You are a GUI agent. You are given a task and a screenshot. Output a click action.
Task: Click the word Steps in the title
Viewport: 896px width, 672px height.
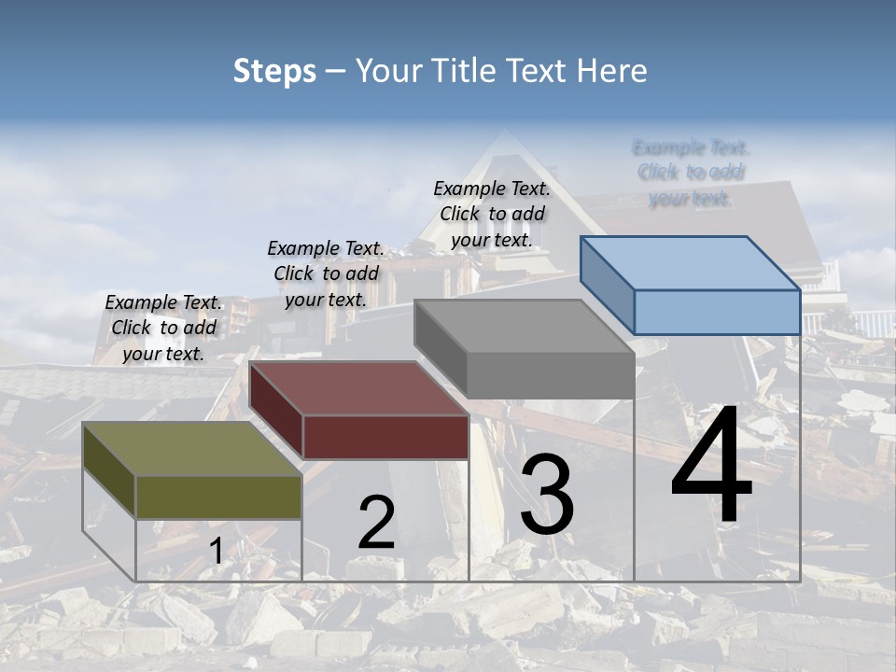pyautogui.click(x=274, y=71)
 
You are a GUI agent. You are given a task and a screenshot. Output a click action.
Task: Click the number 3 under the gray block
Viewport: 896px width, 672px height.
pyautogui.click(x=547, y=496)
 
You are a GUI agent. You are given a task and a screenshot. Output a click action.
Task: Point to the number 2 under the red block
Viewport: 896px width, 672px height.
pyautogui.click(x=376, y=524)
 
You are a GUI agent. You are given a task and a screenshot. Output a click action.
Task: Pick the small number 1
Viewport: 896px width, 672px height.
pyautogui.click(x=216, y=552)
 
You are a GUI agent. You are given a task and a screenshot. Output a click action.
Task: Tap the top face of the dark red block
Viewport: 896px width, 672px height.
pyautogui.click(x=359, y=388)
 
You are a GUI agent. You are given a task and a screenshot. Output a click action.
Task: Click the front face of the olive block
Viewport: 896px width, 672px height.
pyautogui.click(x=218, y=497)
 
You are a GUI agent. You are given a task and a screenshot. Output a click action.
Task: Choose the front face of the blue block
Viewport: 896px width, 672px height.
pyautogui.click(x=717, y=312)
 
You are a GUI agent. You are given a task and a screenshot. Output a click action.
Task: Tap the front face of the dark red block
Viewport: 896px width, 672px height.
pyautogui.click(x=385, y=437)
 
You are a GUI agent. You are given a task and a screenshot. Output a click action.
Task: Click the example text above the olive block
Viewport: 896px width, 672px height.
pyautogui.click(x=163, y=328)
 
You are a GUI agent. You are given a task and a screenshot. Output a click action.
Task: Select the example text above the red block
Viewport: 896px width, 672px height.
pyautogui.click(x=326, y=273)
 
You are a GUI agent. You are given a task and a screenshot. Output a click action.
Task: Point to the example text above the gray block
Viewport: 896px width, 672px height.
pyautogui.click(x=492, y=214)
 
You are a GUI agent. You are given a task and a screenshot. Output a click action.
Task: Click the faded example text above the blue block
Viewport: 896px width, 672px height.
pyautogui.click(x=691, y=173)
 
